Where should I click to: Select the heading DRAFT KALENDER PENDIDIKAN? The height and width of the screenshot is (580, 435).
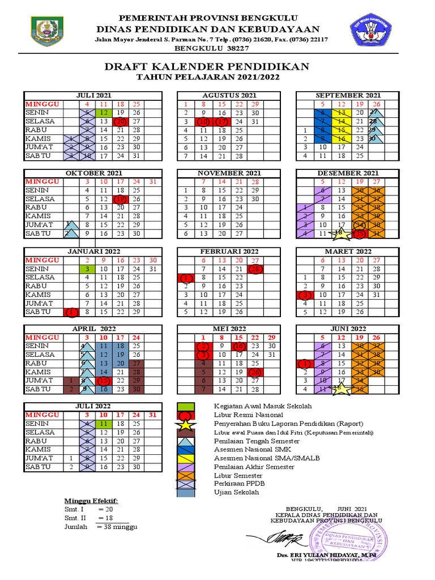pyautogui.click(x=207, y=67)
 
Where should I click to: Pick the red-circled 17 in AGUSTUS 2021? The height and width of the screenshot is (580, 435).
pyautogui.click(x=222, y=122)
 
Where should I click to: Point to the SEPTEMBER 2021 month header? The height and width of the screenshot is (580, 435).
pyautogui.click(x=348, y=95)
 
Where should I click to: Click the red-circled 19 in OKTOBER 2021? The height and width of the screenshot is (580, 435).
pyautogui.click(x=120, y=199)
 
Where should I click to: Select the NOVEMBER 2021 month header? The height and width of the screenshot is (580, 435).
pyautogui.click(x=229, y=173)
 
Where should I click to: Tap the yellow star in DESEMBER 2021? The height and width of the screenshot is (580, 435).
pyautogui.click(x=339, y=232)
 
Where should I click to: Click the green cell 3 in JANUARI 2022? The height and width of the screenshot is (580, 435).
pyautogui.click(x=87, y=269)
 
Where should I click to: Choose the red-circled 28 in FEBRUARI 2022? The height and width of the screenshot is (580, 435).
pyautogui.click(x=255, y=269)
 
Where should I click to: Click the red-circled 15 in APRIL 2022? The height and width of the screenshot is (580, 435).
pyautogui.click(x=104, y=381)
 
